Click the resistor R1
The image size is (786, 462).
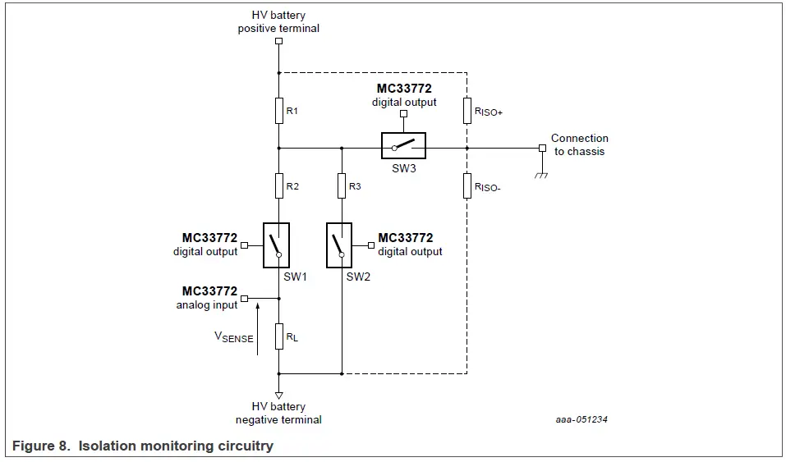pyautogui.click(x=279, y=110)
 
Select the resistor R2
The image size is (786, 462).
pyautogui.click(x=279, y=186)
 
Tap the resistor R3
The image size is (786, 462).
pyautogui.click(x=341, y=186)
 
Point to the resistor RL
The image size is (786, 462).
pyautogui.click(x=279, y=336)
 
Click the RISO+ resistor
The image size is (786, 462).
pyautogui.click(x=467, y=110)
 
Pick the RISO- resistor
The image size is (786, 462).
pyautogui.click(x=467, y=186)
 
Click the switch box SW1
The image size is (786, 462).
pyautogui.click(x=277, y=245)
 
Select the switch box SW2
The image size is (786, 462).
pyautogui.click(x=338, y=245)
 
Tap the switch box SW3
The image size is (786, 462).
pyautogui.click(x=403, y=145)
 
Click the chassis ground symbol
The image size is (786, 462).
pyautogui.click(x=541, y=175)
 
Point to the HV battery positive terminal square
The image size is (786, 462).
pyautogui.click(x=279, y=40)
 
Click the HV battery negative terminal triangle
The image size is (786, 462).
pyautogui.click(x=279, y=395)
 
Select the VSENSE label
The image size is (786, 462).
pyautogui.click(x=233, y=336)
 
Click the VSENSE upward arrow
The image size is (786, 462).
pyautogui.click(x=258, y=328)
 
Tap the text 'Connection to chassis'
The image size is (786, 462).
pyautogui.click(x=579, y=144)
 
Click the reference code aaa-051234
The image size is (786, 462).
pyautogui.click(x=581, y=419)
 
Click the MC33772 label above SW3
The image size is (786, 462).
pyautogui.click(x=404, y=89)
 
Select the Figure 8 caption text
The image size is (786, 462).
pyautogui.click(x=143, y=446)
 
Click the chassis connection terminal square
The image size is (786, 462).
pyautogui.click(x=541, y=149)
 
